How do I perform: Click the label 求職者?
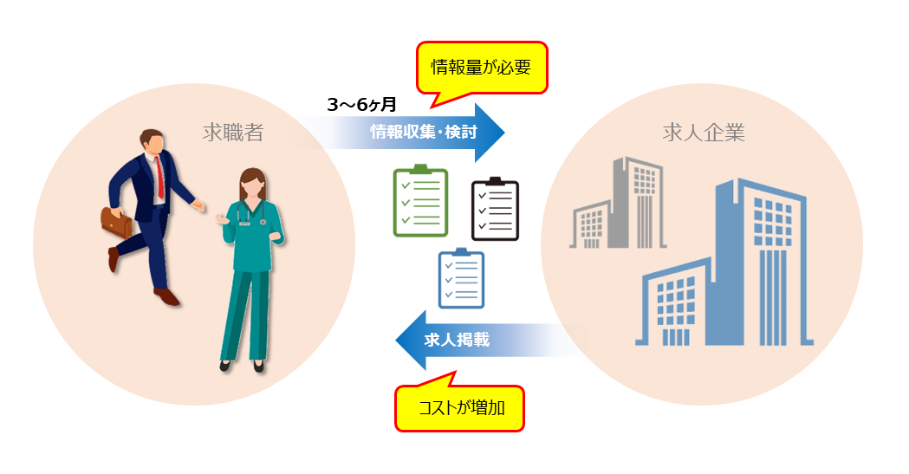[232, 133]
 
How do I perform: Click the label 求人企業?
[703, 133]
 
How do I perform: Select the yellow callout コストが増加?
[460, 407]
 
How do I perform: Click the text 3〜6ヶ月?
[361, 105]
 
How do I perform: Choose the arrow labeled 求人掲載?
[468, 340]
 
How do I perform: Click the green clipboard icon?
[420, 201]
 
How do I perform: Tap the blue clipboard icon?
[461, 278]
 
